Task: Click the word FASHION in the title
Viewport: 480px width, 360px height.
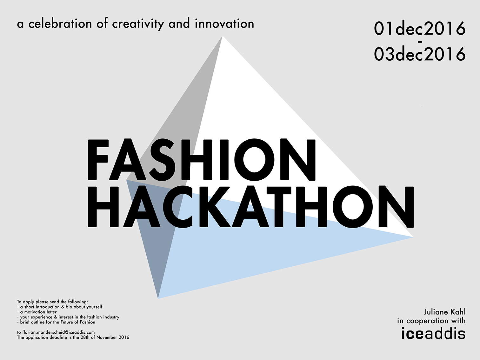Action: click(x=202, y=160)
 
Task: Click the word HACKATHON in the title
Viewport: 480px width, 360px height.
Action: click(x=251, y=207)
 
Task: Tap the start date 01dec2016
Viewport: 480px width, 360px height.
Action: click(x=420, y=29)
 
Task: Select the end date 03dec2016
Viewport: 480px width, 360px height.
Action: click(x=420, y=54)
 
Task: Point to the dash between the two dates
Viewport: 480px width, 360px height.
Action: click(x=420, y=41)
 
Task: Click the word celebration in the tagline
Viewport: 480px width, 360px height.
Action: click(x=60, y=24)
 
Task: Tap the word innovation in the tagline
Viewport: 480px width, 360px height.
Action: click(x=224, y=24)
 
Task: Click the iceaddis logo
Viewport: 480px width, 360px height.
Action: click(x=434, y=334)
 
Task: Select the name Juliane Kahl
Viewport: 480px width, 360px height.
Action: click(x=445, y=312)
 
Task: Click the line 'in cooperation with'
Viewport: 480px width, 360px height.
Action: click(x=431, y=321)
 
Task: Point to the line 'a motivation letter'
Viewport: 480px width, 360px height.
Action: click(x=37, y=312)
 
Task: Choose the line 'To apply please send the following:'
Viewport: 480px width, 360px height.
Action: click(x=52, y=302)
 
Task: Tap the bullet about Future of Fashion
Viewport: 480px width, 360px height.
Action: click(x=56, y=322)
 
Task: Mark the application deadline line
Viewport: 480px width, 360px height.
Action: click(x=73, y=337)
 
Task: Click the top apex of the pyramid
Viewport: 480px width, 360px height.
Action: click(x=223, y=36)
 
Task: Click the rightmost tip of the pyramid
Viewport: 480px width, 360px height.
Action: click(x=413, y=237)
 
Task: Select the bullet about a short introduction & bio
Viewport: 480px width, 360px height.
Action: click(x=60, y=307)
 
